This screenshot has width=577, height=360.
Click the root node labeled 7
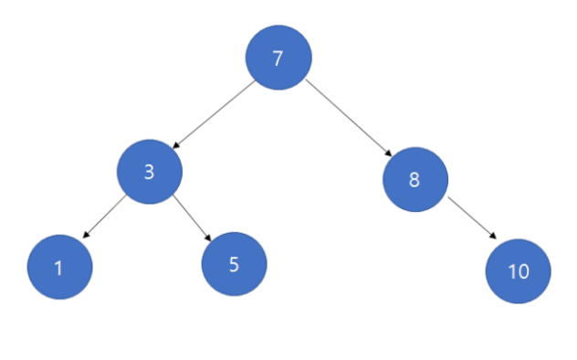click(x=278, y=58)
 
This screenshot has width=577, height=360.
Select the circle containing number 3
click(x=150, y=172)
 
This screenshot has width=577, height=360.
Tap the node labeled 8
click(x=415, y=180)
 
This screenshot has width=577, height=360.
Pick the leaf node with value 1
click(x=60, y=267)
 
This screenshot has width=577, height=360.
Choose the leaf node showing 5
click(x=234, y=264)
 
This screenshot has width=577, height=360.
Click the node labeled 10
click(x=519, y=271)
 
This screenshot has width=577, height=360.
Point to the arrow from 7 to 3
click(x=214, y=114)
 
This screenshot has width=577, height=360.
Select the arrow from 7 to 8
click(x=349, y=118)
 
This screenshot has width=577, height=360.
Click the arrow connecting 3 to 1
click(x=104, y=217)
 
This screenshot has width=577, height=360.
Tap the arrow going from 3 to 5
click(x=192, y=217)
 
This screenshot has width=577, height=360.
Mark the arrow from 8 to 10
click(x=472, y=217)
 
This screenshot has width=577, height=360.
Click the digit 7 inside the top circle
click(x=278, y=58)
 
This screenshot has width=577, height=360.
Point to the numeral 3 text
click(x=149, y=172)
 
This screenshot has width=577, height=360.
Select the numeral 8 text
click(x=414, y=180)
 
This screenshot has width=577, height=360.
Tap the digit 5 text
click(x=234, y=264)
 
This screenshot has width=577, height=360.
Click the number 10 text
click(x=519, y=271)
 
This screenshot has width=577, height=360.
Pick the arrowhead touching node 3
click(x=176, y=145)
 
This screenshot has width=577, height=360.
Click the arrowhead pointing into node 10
click(x=493, y=236)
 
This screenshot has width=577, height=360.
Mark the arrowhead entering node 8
click(x=388, y=154)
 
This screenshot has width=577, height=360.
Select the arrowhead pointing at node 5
click(x=208, y=238)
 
